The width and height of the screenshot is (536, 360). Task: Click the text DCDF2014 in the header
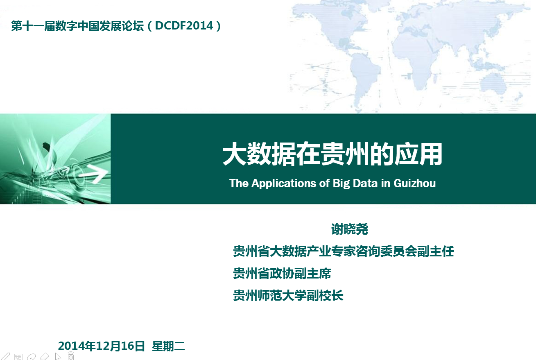click(184, 26)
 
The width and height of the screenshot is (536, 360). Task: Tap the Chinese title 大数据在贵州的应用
click(332, 154)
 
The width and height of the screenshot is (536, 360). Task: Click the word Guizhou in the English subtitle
click(415, 183)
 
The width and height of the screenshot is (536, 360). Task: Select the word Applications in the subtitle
click(284, 183)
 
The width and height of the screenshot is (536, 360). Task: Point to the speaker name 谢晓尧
click(350, 229)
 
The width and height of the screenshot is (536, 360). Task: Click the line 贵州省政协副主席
click(282, 273)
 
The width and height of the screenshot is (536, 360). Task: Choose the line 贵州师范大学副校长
click(288, 295)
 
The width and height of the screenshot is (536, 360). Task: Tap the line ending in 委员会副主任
click(344, 251)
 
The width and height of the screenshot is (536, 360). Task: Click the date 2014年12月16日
click(102, 346)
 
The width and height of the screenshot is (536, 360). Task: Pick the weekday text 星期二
click(168, 346)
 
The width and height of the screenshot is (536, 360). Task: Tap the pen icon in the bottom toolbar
click(5, 356)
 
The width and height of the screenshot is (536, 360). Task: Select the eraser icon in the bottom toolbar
click(45, 356)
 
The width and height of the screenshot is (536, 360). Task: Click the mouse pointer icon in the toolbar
click(58, 356)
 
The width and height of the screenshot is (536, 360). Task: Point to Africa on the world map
click(416, 60)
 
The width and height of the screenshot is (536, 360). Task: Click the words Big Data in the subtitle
click(355, 183)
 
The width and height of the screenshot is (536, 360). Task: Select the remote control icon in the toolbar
click(70, 356)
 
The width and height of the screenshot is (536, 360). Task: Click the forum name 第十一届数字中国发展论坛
click(77, 26)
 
